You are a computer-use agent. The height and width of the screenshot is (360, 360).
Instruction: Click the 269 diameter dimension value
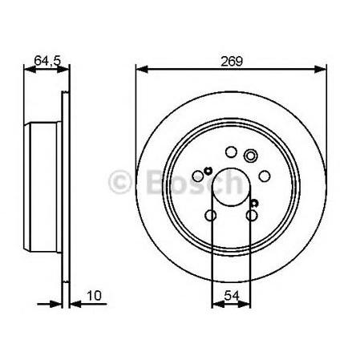232,61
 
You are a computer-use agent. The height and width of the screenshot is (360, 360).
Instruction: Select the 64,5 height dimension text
47,60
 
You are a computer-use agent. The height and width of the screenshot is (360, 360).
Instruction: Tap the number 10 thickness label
95,296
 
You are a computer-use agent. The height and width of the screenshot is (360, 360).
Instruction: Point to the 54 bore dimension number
232,296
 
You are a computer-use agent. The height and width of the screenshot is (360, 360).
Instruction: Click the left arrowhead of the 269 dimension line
142,69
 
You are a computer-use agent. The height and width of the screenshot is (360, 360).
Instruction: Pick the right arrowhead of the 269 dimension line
320,69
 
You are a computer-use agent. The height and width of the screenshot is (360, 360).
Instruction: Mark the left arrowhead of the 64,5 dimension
30,70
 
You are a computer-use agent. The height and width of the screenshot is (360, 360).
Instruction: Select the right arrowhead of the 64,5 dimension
63,70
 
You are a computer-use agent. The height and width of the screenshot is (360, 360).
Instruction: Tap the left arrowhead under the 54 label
218,304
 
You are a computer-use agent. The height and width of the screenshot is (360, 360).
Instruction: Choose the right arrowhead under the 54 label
245,304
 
